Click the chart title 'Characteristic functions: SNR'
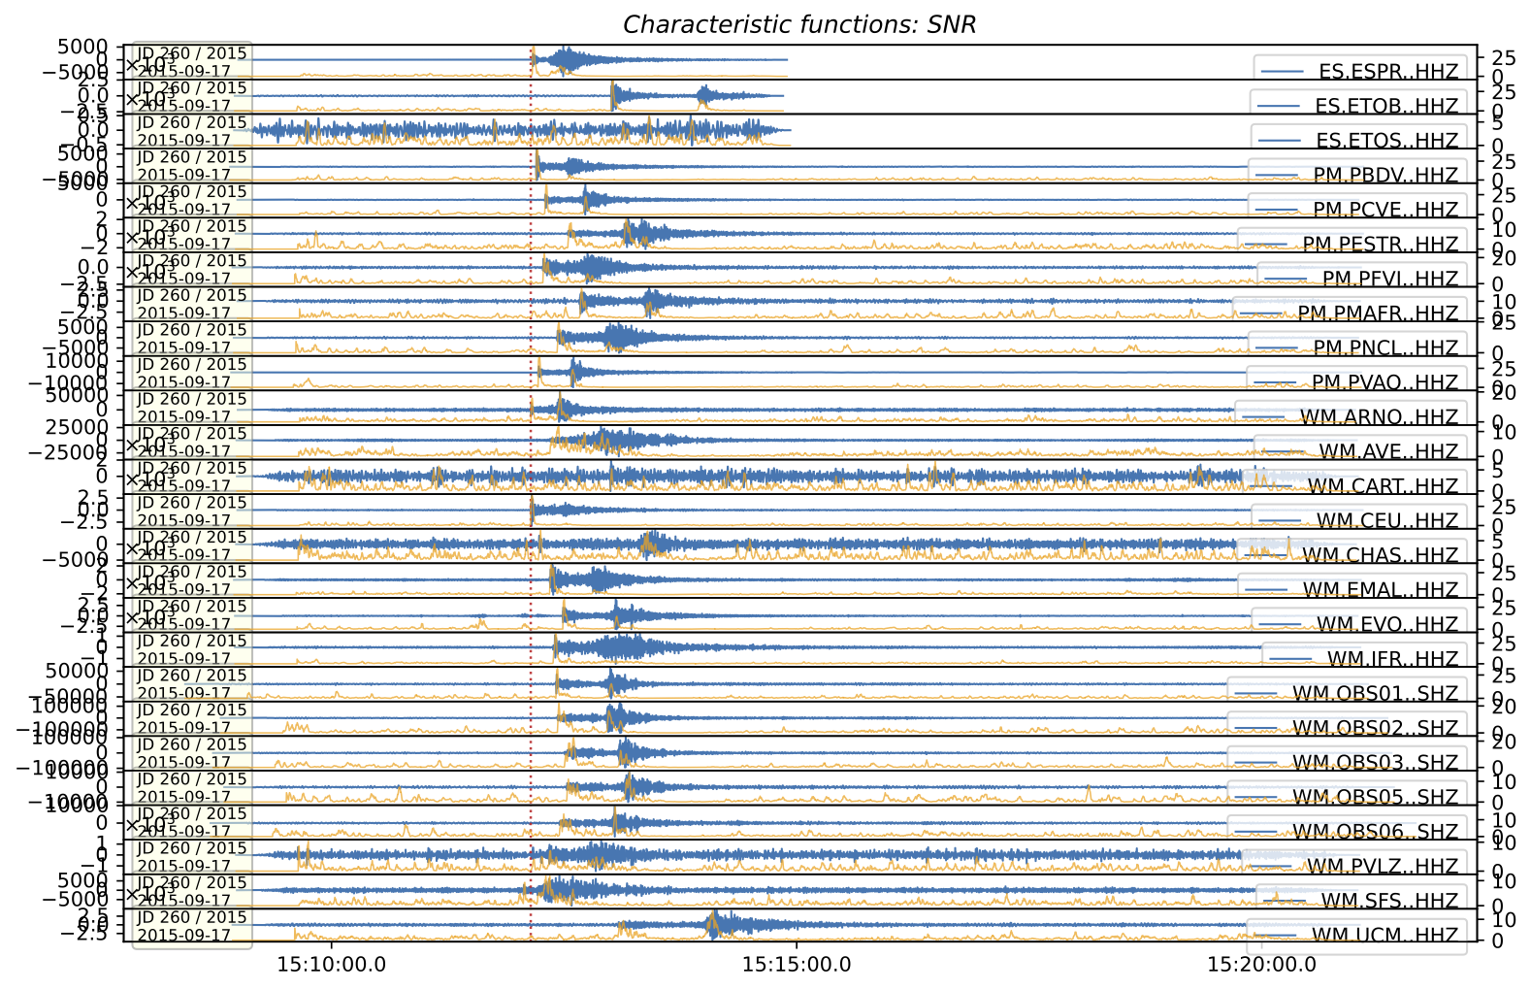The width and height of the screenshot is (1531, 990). pyautogui.click(x=798, y=24)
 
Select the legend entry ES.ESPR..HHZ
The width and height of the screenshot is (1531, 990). pyautogui.click(x=1388, y=72)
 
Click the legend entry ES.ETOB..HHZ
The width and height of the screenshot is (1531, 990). pyautogui.click(x=1386, y=106)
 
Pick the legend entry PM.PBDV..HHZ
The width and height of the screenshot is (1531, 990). pyautogui.click(x=1385, y=176)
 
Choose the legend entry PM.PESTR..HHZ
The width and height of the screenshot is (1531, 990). pyautogui.click(x=1380, y=245)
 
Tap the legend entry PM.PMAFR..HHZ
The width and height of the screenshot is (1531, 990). pyautogui.click(x=1378, y=313)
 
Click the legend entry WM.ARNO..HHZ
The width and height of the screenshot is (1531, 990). pyautogui.click(x=1379, y=417)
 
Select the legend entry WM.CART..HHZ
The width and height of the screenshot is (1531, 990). pyautogui.click(x=1383, y=486)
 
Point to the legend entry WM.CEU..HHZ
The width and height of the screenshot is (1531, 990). pyautogui.click(x=1386, y=521)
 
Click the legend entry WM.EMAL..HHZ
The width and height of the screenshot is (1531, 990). pyautogui.click(x=1380, y=590)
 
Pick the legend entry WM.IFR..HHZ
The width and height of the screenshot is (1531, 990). pyautogui.click(x=1392, y=659)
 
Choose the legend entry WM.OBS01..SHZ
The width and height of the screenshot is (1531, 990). pyautogui.click(x=1375, y=694)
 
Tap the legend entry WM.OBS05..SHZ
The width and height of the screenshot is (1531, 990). pyautogui.click(x=1375, y=798)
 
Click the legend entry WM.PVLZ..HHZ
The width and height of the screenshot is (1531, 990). pyautogui.click(x=1383, y=867)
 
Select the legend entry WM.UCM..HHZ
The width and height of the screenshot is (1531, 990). pyautogui.click(x=1384, y=936)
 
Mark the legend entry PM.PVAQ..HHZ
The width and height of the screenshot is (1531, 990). pyautogui.click(x=1384, y=382)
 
